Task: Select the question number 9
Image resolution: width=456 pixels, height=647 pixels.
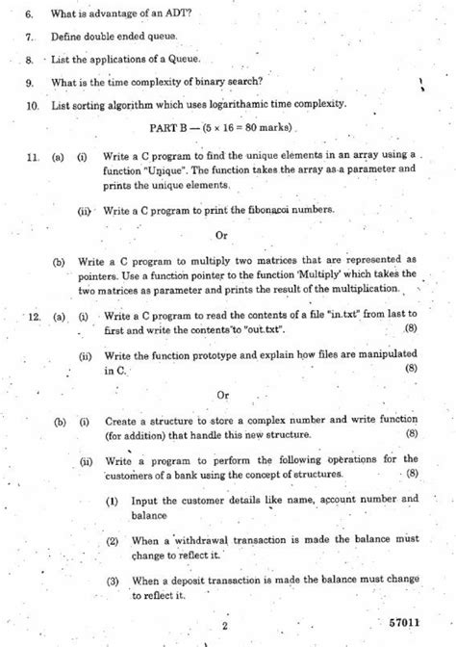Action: tap(31, 82)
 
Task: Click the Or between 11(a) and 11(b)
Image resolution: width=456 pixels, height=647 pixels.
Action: tap(221, 234)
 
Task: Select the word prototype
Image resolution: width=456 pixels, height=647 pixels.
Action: tap(190, 355)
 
